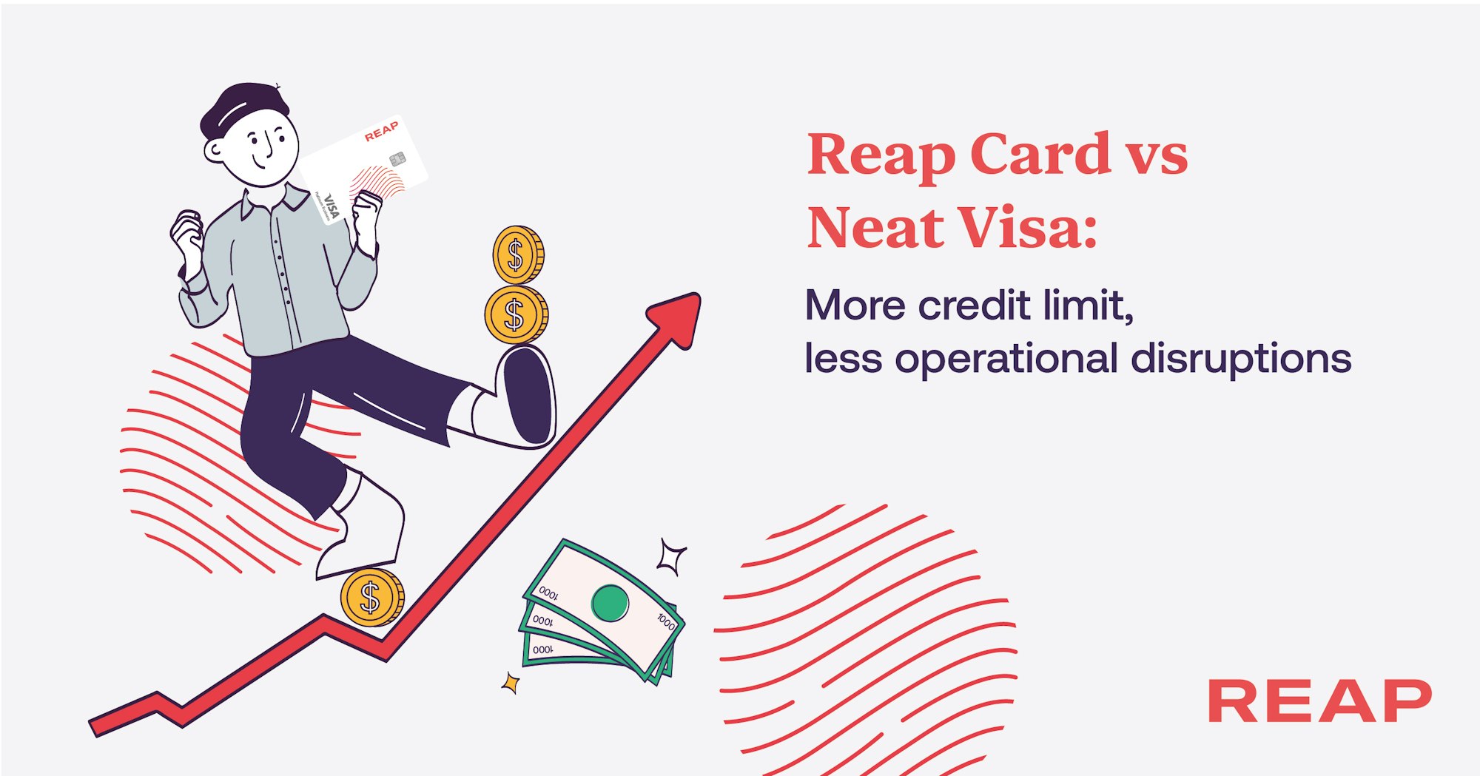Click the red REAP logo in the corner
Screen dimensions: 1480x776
pyautogui.click(x=1319, y=701)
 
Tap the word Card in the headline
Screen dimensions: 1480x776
pyautogui.click(x=1040, y=155)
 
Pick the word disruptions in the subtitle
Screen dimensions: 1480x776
pyautogui.click(x=1242, y=359)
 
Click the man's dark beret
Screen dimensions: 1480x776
pyautogui.click(x=243, y=110)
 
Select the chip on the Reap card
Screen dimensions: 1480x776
pyautogui.click(x=397, y=158)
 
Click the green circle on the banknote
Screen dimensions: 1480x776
pyautogui.click(x=610, y=603)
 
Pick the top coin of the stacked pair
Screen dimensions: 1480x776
pyautogui.click(x=518, y=255)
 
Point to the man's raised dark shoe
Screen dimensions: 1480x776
pyautogui.click(x=526, y=396)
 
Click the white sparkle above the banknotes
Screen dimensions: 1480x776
pyautogui.click(x=672, y=557)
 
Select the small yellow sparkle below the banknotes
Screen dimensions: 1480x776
pyautogui.click(x=510, y=683)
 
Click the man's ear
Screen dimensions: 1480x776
pyautogui.click(x=214, y=151)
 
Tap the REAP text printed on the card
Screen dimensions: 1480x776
pyautogui.click(x=382, y=132)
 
